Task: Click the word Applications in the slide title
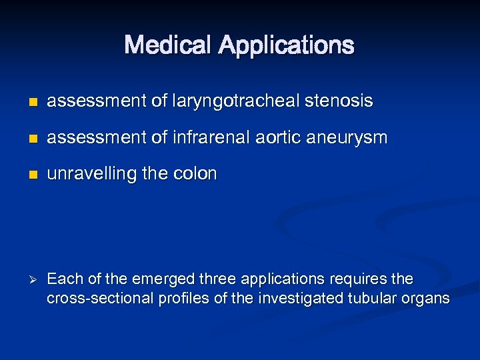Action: click(x=286, y=46)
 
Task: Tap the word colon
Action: click(x=197, y=174)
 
